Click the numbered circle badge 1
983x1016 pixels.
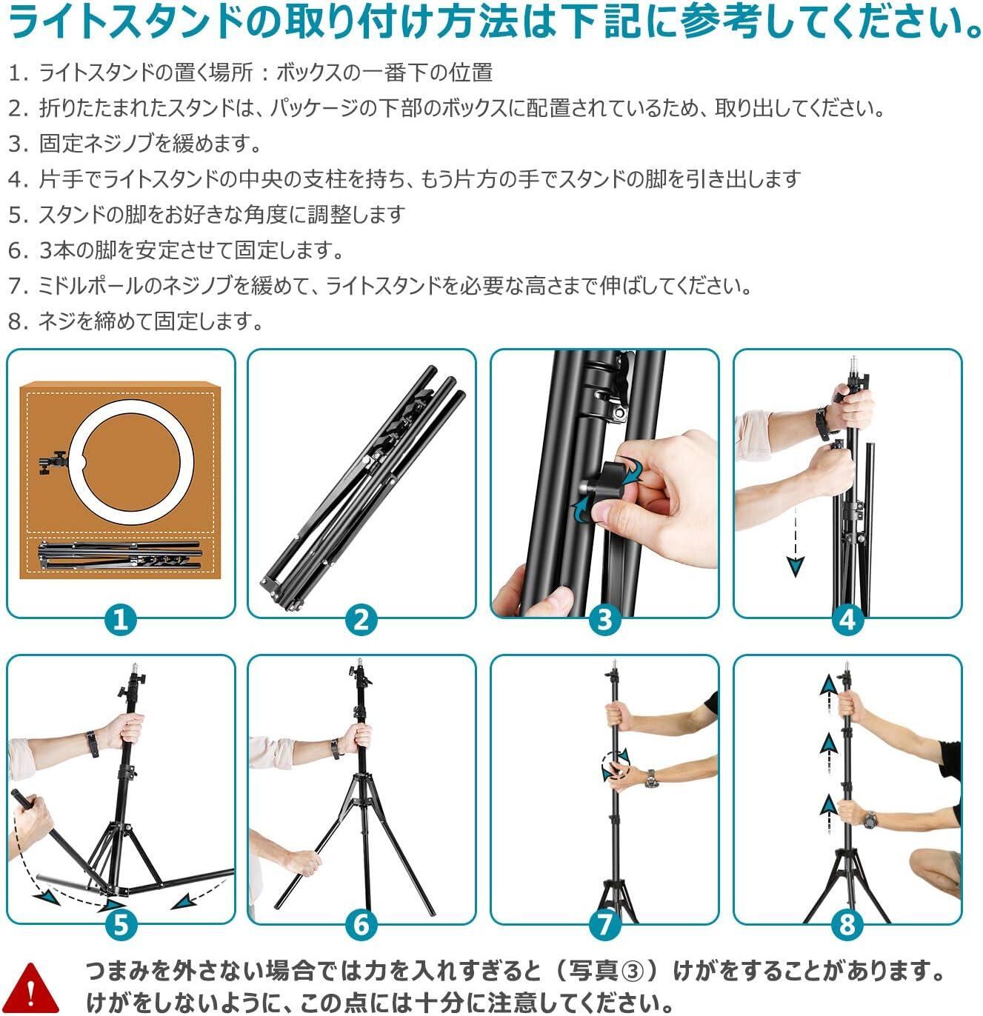(121, 620)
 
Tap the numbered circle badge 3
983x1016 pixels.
(604, 620)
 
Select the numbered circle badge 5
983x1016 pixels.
(121, 925)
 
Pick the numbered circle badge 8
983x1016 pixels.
(847, 925)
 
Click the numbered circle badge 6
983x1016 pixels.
(361, 925)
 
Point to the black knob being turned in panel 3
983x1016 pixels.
(616, 479)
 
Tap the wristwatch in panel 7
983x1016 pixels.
(650, 779)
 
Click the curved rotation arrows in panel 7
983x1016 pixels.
(615, 765)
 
